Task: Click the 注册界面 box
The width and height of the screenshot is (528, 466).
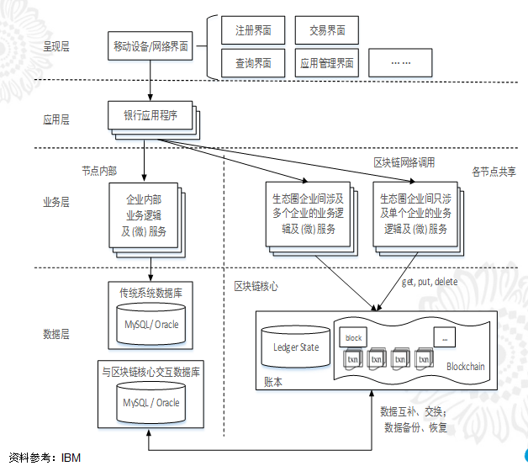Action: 252,31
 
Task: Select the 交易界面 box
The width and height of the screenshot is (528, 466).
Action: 326,31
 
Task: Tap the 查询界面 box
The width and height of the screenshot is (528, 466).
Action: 252,63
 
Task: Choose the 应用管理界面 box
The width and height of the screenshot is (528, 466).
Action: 326,63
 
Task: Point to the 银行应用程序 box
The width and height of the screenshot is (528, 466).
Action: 150,115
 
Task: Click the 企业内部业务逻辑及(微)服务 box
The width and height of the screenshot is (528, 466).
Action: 144,215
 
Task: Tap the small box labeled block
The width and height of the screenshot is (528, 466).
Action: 353,338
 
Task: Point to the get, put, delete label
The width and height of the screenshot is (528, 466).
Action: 430,281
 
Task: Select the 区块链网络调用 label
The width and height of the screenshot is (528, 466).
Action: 404,162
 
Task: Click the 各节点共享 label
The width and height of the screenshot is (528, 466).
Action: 494,172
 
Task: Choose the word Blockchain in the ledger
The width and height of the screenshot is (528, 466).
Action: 467,366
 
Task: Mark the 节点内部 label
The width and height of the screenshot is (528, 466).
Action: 99,171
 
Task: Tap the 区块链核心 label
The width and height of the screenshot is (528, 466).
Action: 256,286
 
